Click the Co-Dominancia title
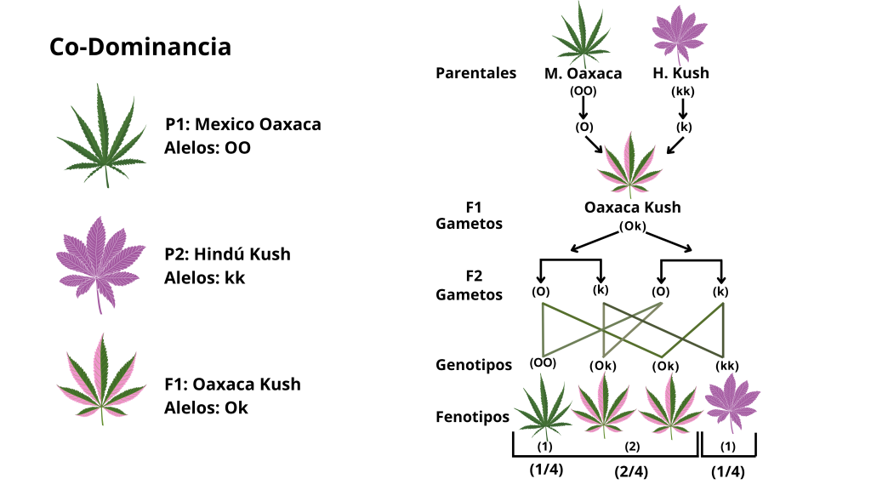tap(140, 47)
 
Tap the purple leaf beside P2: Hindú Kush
tap(101, 262)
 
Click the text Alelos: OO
tap(208, 147)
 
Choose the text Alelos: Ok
tap(206, 407)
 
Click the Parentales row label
tap(475, 73)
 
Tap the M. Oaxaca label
tap(583, 73)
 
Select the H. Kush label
tap(680, 73)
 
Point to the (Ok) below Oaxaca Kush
tap(632, 226)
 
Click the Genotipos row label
tap(474, 365)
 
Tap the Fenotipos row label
tap(474, 417)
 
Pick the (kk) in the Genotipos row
tap(726, 366)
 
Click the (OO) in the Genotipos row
tap(543, 362)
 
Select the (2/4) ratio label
tap(632, 471)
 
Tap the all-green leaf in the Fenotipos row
tap(543, 408)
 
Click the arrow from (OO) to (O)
tap(584, 109)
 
